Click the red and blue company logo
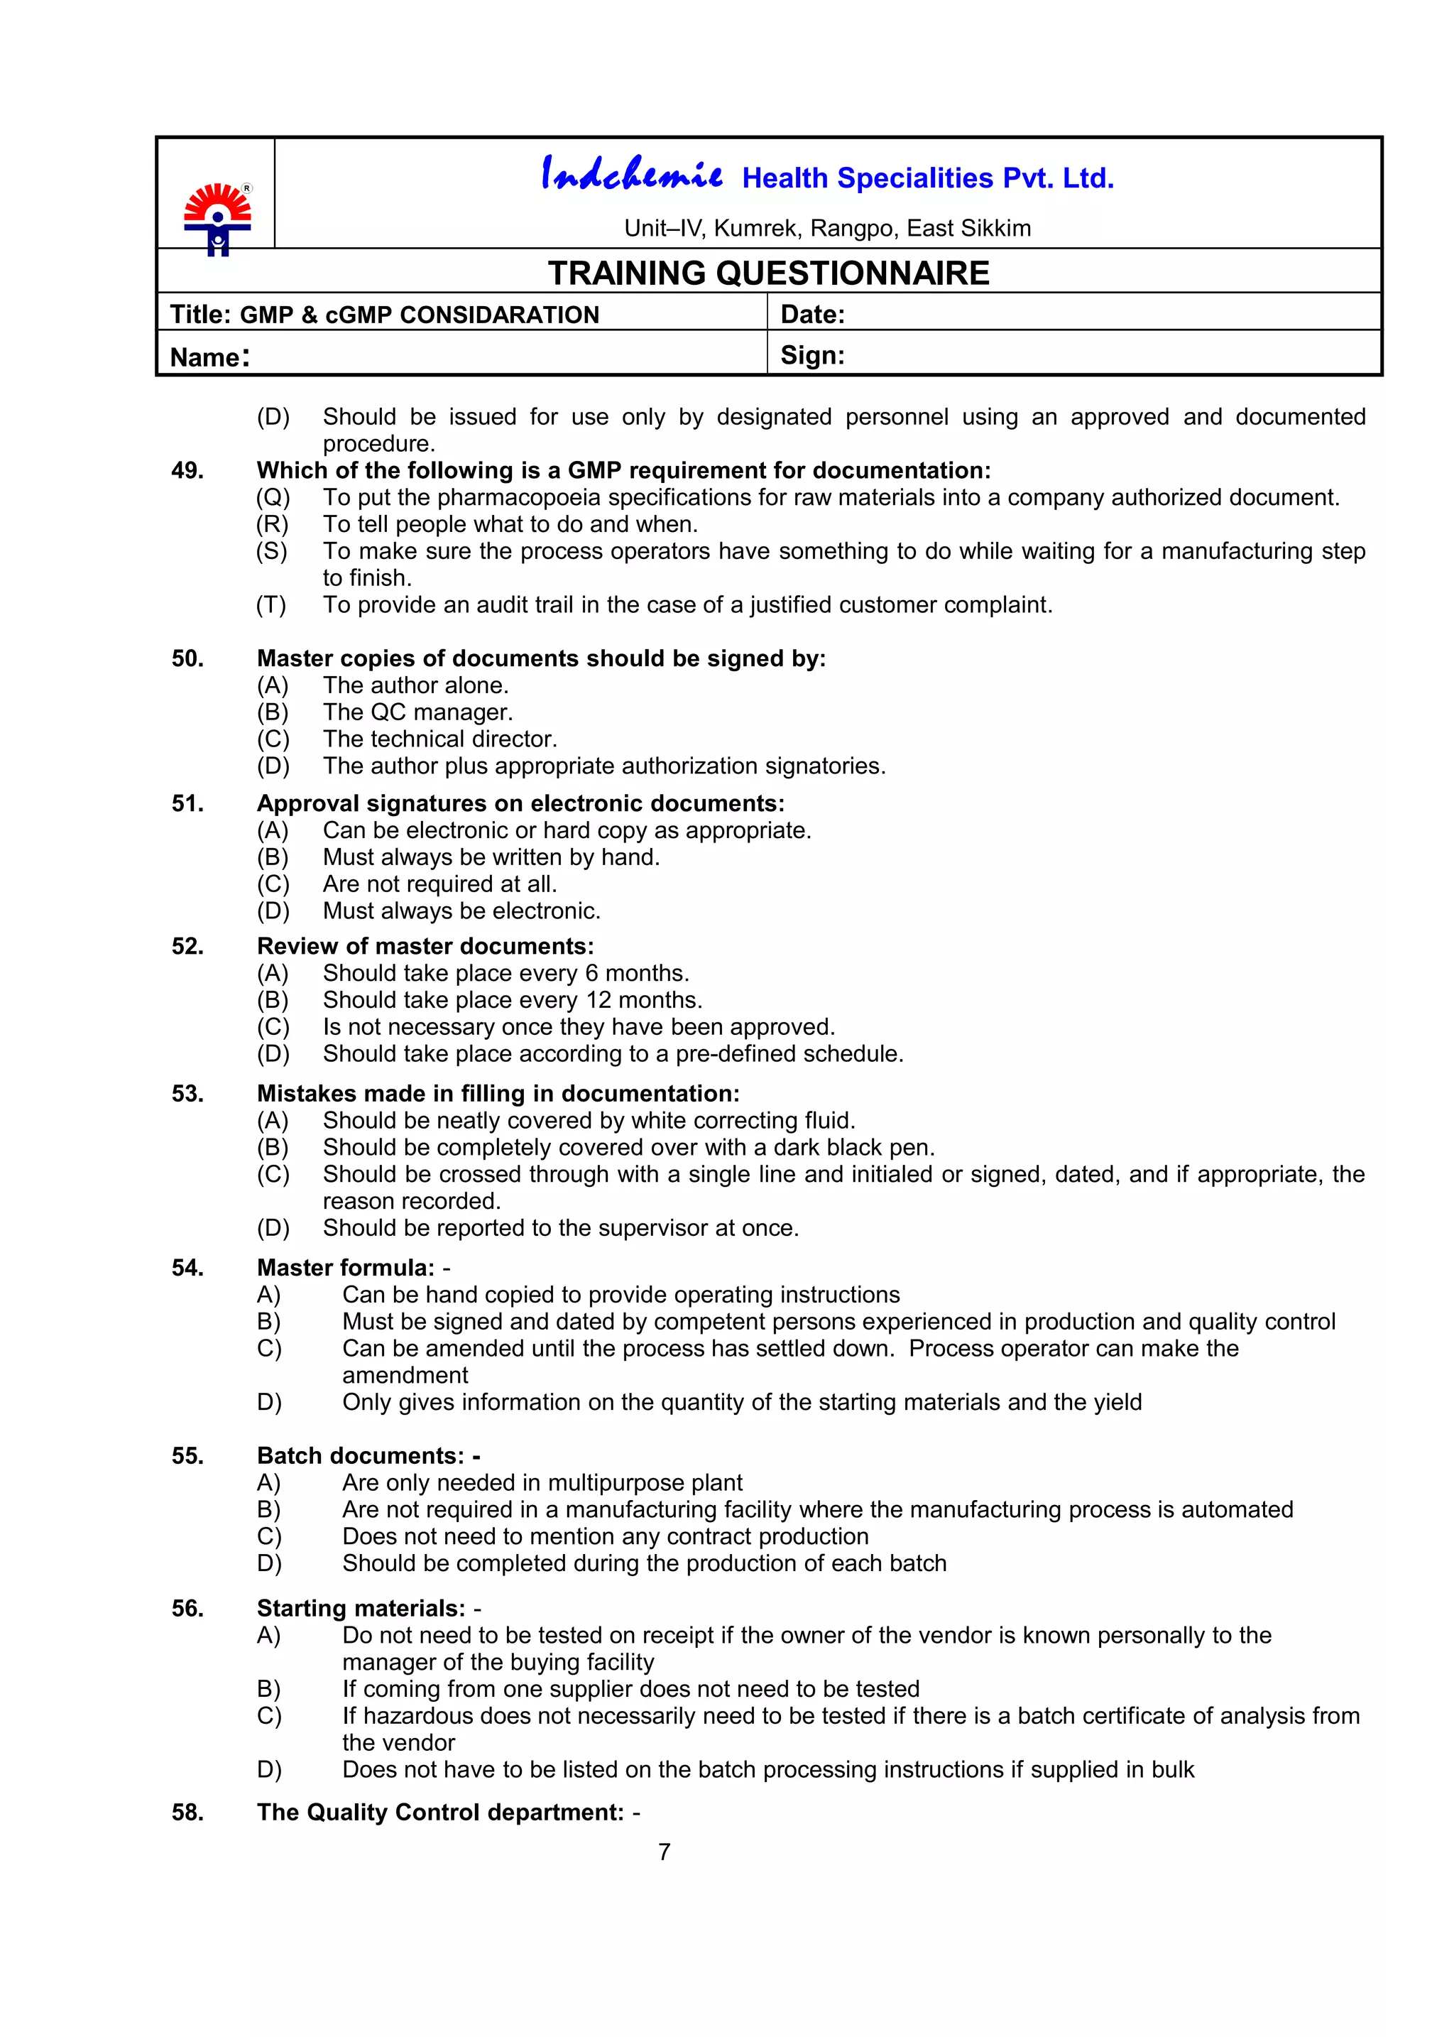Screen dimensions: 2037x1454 217,217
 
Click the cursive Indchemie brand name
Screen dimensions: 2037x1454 631,174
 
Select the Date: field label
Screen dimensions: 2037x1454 812,315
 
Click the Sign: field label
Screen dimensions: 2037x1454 812,356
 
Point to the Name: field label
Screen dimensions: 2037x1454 209,357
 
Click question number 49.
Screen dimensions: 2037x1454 187,470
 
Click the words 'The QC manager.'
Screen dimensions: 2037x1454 417,712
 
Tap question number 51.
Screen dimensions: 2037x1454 187,803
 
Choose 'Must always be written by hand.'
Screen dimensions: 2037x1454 491,857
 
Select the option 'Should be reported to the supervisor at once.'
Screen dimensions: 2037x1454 560,1227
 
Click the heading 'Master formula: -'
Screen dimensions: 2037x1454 353,1268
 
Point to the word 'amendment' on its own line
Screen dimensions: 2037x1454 405,1375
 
